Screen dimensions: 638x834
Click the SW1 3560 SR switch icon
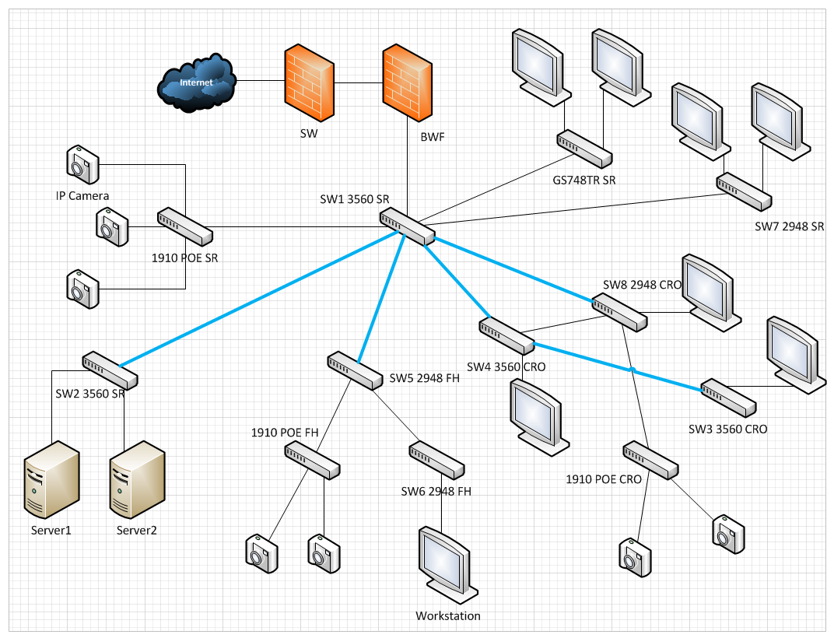[407, 226]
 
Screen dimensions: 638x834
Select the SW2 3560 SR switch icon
[110, 370]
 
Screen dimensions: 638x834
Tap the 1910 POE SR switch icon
[185, 226]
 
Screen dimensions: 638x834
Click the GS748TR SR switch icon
[583, 148]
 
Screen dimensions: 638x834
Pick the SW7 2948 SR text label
[789, 226]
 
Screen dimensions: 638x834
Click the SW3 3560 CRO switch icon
[728, 398]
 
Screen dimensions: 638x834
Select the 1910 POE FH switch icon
[312, 459]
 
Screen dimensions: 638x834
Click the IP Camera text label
[82, 195]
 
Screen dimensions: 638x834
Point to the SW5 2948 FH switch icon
[355, 370]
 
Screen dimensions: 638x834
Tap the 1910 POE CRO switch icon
[650, 460]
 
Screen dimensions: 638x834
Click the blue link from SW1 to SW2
[257, 300]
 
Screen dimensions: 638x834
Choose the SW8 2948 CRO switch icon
[618, 311]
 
